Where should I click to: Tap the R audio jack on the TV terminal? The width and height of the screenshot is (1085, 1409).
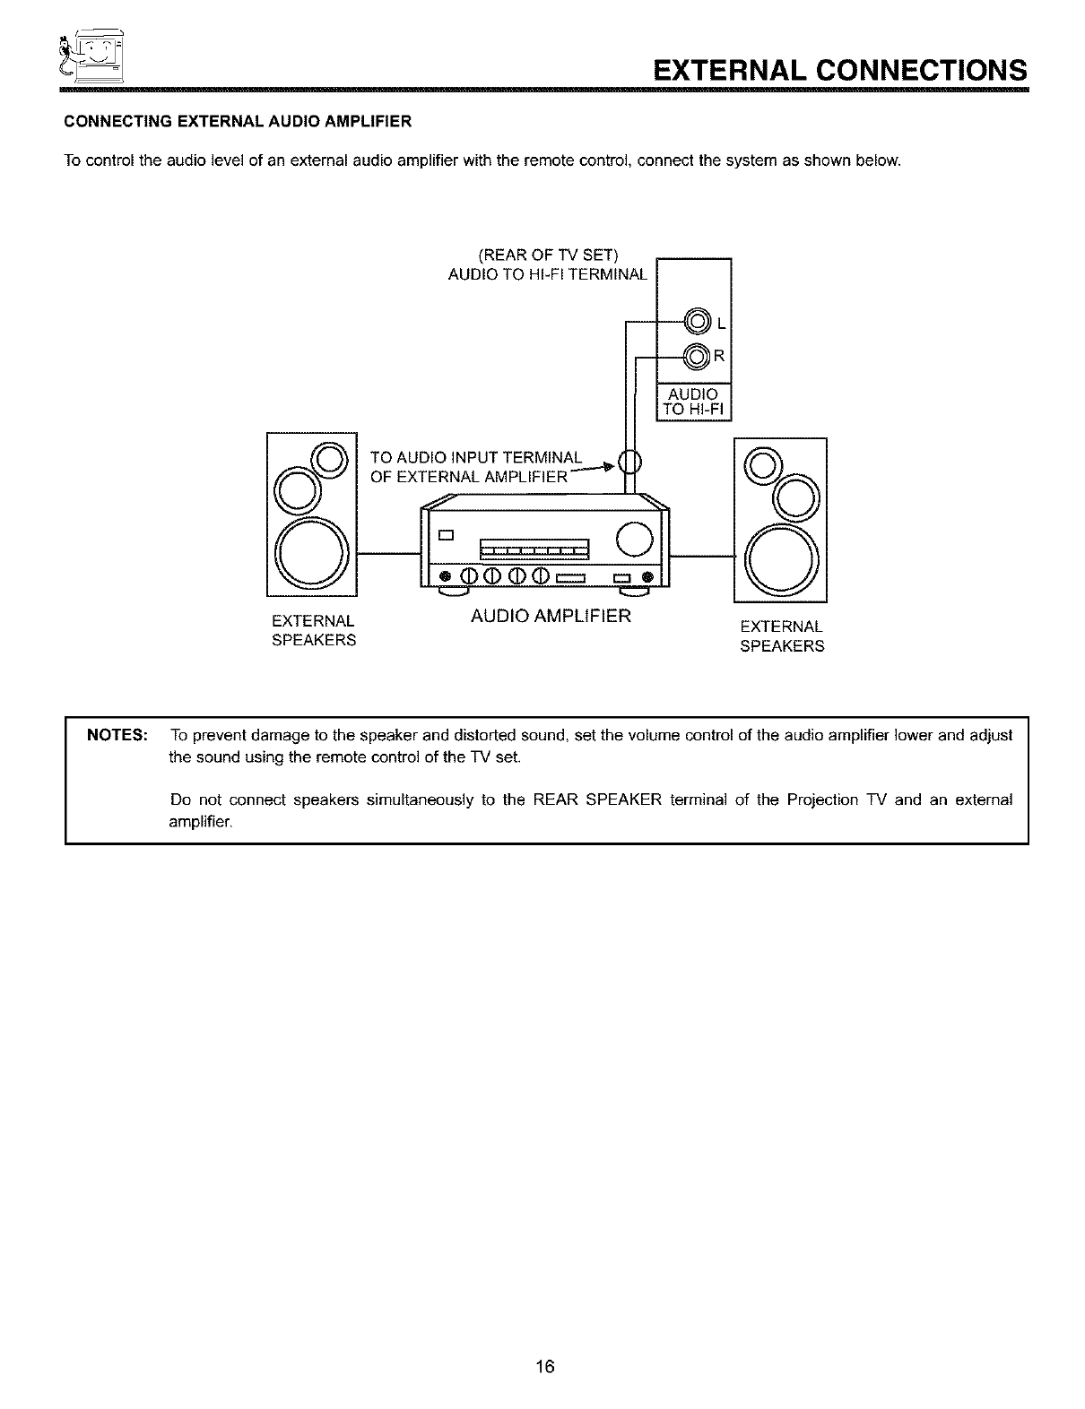(x=697, y=357)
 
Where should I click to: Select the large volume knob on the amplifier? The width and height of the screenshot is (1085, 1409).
(x=635, y=538)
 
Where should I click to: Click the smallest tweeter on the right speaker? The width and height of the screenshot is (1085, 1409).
(x=761, y=462)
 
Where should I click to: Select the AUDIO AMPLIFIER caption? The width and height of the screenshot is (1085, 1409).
(x=551, y=617)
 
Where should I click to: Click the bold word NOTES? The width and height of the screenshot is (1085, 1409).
(x=117, y=736)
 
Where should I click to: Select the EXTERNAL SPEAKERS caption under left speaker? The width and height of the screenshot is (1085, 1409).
(x=313, y=631)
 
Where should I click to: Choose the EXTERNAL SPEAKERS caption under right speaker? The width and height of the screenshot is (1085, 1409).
(x=781, y=635)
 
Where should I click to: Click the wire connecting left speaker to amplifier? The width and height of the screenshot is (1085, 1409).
(x=388, y=555)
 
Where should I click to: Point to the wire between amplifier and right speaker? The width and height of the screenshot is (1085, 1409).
(x=701, y=556)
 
